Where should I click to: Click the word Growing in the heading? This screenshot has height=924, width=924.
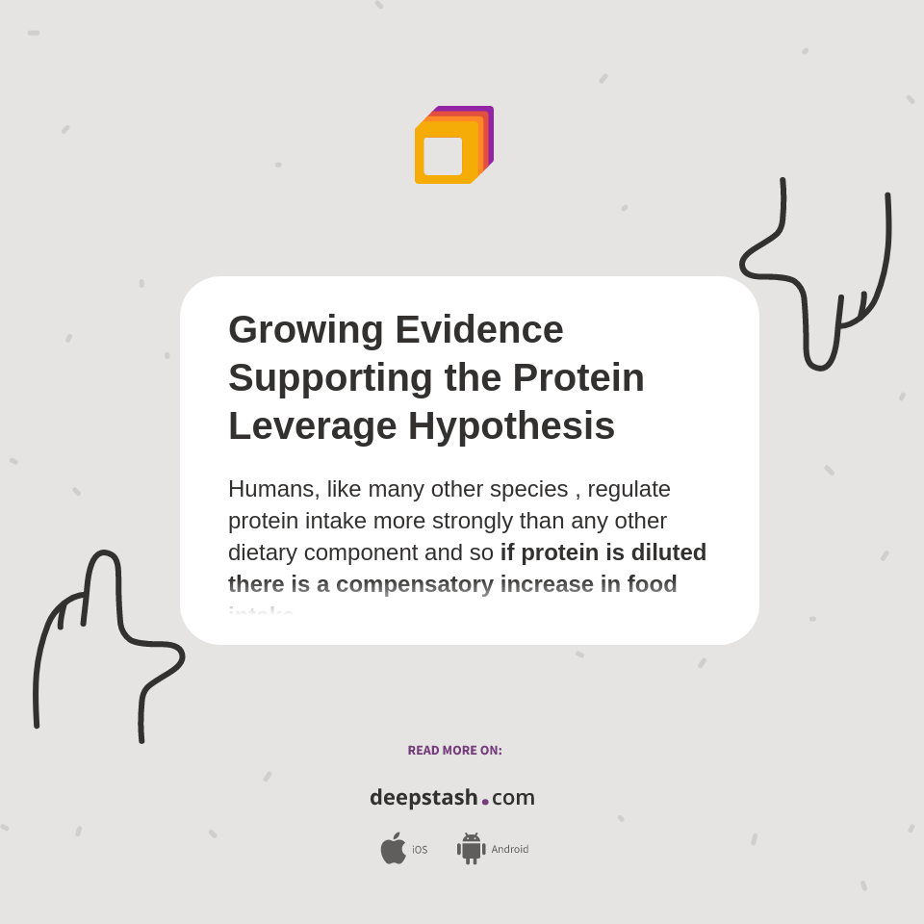click(305, 330)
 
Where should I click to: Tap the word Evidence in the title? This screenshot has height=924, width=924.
click(479, 330)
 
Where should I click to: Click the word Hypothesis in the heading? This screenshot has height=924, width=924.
click(511, 425)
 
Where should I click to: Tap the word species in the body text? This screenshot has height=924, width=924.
click(528, 489)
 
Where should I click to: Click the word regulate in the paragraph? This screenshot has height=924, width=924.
click(629, 489)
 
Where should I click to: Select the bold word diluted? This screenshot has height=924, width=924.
click(669, 552)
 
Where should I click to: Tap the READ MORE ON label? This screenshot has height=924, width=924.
click(454, 751)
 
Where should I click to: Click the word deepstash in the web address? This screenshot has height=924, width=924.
click(423, 797)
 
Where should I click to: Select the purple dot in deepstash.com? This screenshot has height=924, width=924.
click(485, 802)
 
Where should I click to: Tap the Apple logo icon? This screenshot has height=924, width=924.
click(393, 849)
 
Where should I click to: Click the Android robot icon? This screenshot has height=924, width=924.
click(471, 849)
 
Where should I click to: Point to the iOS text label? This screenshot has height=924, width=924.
click(420, 850)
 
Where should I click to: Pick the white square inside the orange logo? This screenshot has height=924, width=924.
click(443, 156)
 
